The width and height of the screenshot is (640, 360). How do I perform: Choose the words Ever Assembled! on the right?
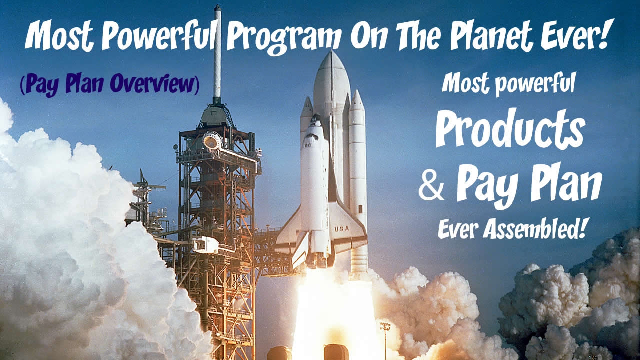coord(511,229)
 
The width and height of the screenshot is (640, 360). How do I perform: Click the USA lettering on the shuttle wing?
coord(342,229)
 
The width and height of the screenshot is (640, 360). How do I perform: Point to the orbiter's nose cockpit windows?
coord(316,123)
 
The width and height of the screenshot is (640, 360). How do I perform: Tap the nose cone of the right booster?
coord(357,99)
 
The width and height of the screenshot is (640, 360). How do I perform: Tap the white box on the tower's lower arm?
coord(205,245)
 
